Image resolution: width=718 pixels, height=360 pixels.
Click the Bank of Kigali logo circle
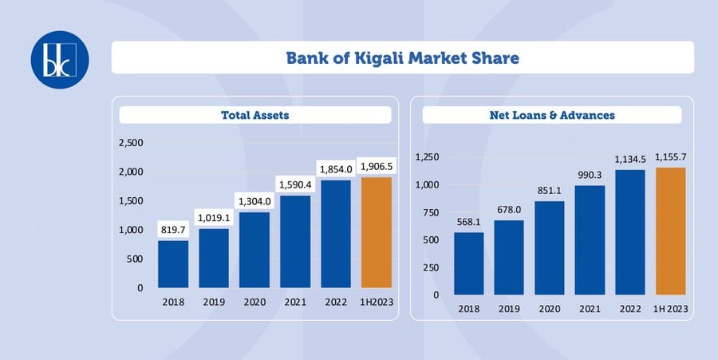pyautogui.click(x=60, y=60)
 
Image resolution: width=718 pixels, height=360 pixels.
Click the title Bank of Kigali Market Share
pyautogui.click(x=403, y=58)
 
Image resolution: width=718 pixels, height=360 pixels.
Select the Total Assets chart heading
pyautogui.click(x=255, y=115)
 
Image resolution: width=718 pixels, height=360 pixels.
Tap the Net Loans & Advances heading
pyautogui.click(x=552, y=115)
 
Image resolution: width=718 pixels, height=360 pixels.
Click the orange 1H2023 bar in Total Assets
pyautogui.click(x=377, y=232)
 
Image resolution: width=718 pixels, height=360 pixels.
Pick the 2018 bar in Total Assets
pyautogui.click(x=173, y=264)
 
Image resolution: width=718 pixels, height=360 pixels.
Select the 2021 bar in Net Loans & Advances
pyautogui.click(x=590, y=240)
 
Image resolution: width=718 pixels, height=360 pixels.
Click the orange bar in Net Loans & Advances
pyautogui.click(x=671, y=231)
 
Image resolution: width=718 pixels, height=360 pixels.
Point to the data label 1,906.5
pyautogui.click(x=377, y=167)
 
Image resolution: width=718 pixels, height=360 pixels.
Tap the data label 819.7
pyautogui.click(x=173, y=230)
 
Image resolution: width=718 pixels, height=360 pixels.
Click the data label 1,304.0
pyautogui.click(x=254, y=201)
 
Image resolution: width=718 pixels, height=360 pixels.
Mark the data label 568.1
pyautogui.click(x=469, y=222)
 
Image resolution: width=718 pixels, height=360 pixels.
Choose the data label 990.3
pyautogui.click(x=590, y=175)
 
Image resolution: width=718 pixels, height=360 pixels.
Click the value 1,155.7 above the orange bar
pyautogui.click(x=671, y=157)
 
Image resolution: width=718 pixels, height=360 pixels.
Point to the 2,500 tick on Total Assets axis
pyautogui.click(x=131, y=142)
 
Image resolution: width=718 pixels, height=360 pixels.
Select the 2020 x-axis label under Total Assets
pyautogui.click(x=254, y=303)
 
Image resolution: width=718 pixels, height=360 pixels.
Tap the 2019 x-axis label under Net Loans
pyautogui.click(x=509, y=309)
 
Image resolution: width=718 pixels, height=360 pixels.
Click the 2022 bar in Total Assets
pyautogui.click(x=336, y=234)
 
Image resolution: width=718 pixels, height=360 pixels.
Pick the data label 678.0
pyautogui.click(x=509, y=210)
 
